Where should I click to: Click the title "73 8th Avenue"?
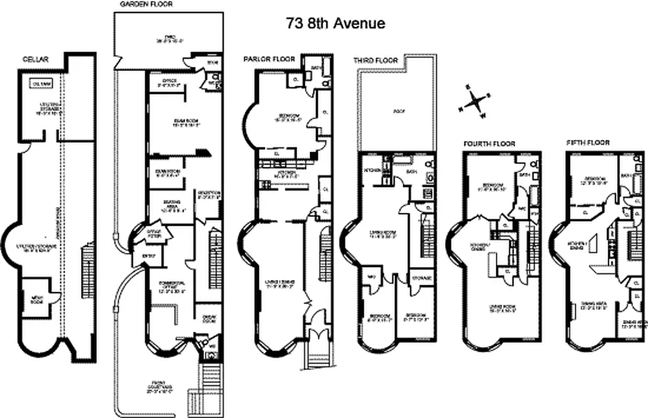point(335,24)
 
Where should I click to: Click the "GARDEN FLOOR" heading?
point(146,4)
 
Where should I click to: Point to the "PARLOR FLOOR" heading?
point(269,59)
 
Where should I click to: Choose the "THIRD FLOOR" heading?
point(376,61)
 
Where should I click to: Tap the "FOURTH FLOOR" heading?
point(489,144)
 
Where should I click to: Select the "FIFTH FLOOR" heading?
point(588,143)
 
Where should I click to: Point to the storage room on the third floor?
point(421,278)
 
